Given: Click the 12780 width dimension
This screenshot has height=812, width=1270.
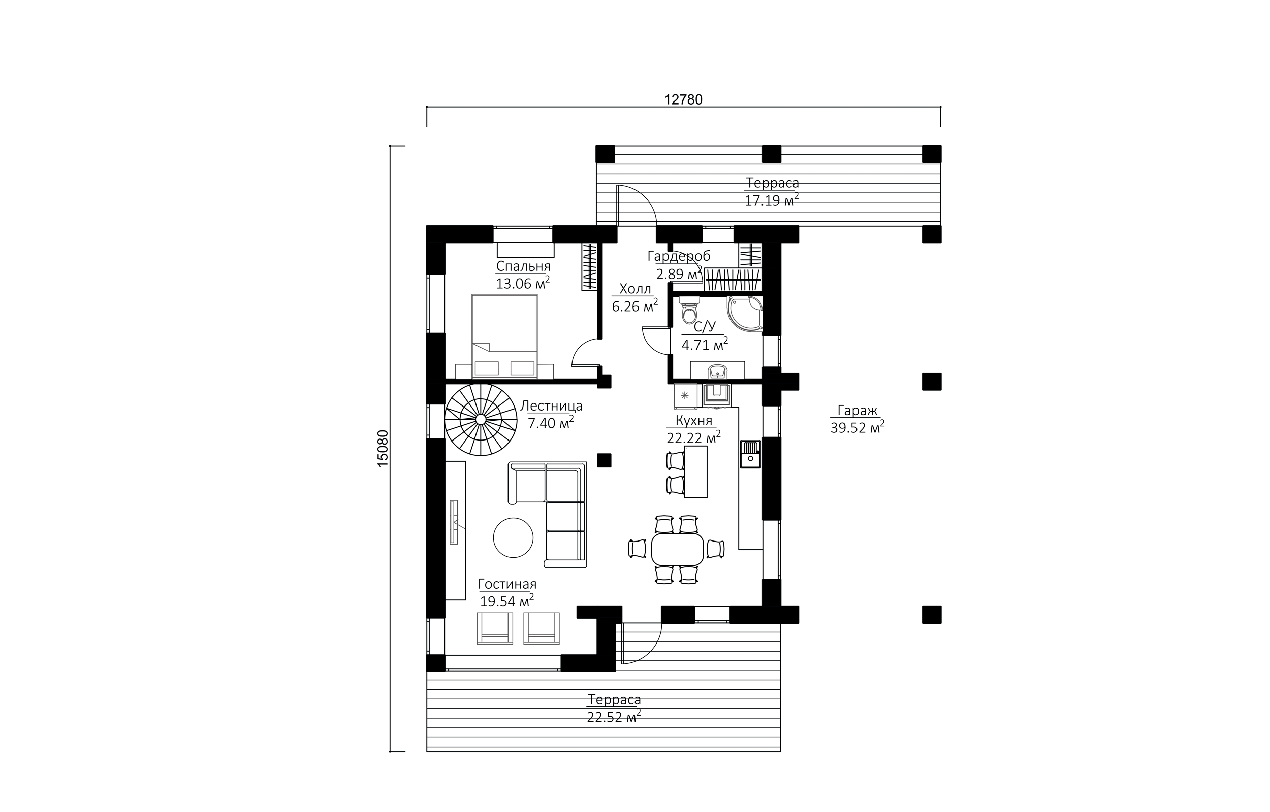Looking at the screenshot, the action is [x=683, y=99].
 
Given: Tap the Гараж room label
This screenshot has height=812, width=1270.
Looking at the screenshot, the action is [x=857, y=410].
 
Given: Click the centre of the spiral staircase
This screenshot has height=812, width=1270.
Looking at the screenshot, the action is [x=481, y=420].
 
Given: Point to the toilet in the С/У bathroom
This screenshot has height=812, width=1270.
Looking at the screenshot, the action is [x=689, y=310].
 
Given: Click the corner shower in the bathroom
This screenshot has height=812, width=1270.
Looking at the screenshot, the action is [x=745, y=313].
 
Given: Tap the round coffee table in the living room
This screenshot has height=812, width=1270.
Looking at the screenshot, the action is [x=513, y=538].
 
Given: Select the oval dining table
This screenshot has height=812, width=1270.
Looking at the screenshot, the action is [x=678, y=549].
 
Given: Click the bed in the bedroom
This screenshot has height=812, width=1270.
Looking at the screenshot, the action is [x=505, y=336].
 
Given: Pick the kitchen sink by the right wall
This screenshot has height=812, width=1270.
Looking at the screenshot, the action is [x=750, y=454].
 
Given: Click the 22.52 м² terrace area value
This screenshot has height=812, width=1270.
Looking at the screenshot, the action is [x=614, y=717].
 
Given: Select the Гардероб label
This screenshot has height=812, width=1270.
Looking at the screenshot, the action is [x=679, y=256].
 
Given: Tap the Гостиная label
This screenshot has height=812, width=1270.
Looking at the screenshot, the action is [x=507, y=584].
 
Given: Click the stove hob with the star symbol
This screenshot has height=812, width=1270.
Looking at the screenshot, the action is [x=685, y=395].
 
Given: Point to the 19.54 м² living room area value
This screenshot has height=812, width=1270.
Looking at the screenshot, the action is [x=506, y=600].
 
